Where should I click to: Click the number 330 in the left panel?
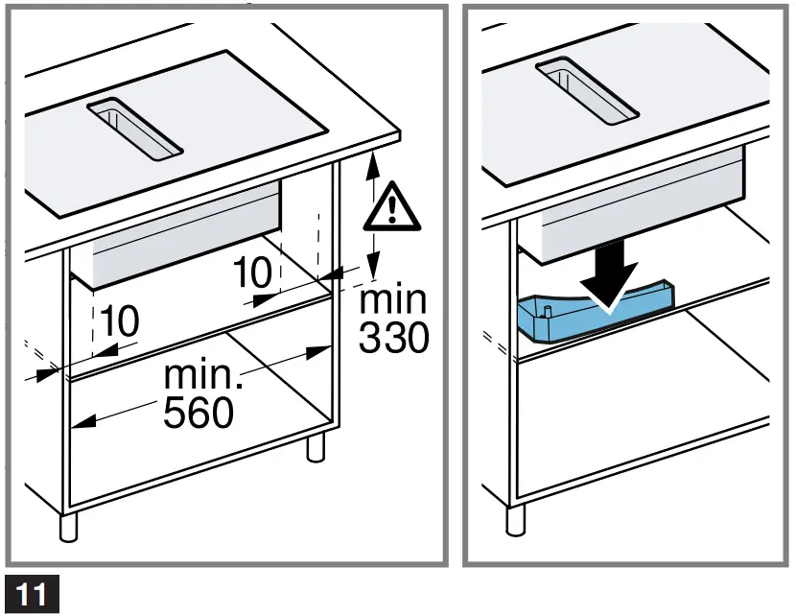(393, 337)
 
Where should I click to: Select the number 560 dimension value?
(198, 413)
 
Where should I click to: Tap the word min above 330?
(393, 298)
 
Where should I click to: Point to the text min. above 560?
(204, 374)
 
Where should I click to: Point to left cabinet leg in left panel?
(67, 529)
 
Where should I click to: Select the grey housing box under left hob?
(182, 240)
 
